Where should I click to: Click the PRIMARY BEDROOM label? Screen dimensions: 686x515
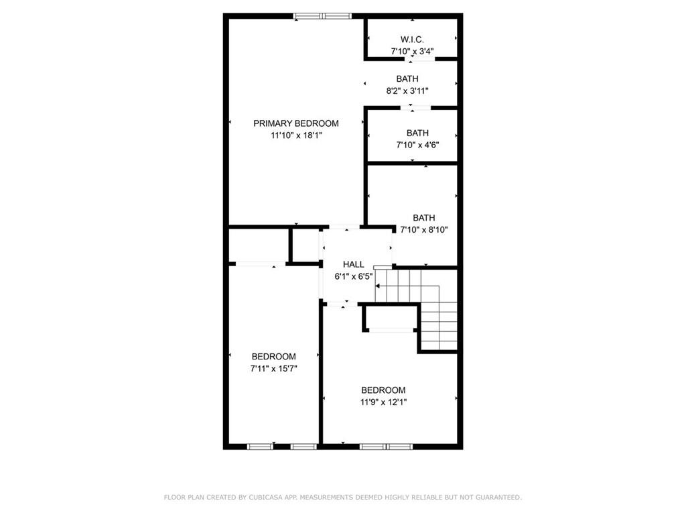pyautogui.click(x=295, y=123)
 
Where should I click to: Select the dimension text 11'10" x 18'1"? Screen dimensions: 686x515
pyautogui.click(x=296, y=135)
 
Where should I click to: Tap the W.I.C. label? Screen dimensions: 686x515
pyautogui.click(x=412, y=40)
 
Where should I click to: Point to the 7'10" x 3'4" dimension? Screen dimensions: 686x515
pyautogui.click(x=412, y=51)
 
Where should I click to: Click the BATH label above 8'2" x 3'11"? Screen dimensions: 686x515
pyautogui.click(x=407, y=79)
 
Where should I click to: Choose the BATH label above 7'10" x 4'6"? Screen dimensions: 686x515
pyautogui.click(x=418, y=133)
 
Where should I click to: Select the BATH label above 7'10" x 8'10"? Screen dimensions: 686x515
pyautogui.click(x=424, y=218)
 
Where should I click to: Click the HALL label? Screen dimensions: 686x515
pyautogui.click(x=354, y=264)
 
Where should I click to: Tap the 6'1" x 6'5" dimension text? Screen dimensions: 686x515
pyautogui.click(x=354, y=276)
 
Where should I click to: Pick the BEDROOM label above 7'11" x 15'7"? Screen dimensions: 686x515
pyautogui.click(x=274, y=357)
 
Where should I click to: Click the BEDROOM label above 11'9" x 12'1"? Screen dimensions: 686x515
pyautogui.click(x=383, y=390)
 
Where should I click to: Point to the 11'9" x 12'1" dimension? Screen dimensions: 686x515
pyautogui.click(x=383, y=402)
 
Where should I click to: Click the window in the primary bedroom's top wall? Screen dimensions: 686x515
pyautogui.click(x=323, y=16)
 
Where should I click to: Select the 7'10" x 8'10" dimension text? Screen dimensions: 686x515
pyautogui.click(x=424, y=229)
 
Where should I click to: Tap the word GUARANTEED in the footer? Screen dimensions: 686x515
pyautogui.click(x=498, y=498)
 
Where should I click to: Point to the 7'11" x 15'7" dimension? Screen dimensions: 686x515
pyautogui.click(x=274, y=369)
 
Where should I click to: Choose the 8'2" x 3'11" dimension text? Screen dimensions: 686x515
pyautogui.click(x=407, y=91)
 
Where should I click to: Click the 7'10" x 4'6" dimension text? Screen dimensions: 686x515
pyautogui.click(x=418, y=145)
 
